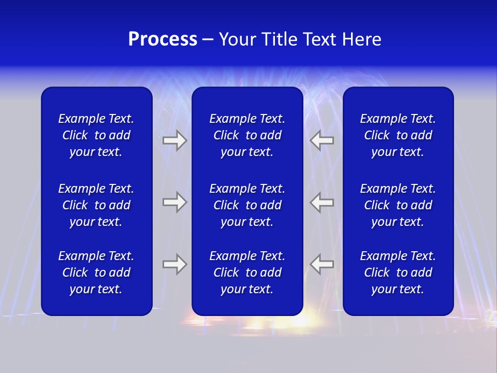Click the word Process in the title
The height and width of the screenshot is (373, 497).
[x=163, y=39]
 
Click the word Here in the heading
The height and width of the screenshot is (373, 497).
[x=361, y=39]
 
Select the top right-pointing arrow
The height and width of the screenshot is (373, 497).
[x=174, y=140]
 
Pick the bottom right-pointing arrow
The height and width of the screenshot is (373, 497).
[x=174, y=264]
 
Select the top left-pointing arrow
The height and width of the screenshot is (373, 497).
[x=322, y=140]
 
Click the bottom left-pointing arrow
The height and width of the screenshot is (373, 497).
[x=322, y=264]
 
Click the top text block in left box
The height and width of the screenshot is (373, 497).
[x=96, y=135]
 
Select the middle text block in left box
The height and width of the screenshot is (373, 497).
[x=96, y=205]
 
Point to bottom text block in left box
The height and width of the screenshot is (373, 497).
[x=96, y=272]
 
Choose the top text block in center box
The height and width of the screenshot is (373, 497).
[x=247, y=135]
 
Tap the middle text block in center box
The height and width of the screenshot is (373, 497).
[x=247, y=205]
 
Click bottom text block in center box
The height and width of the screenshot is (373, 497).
[x=247, y=272]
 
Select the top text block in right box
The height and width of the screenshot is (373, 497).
[x=398, y=135]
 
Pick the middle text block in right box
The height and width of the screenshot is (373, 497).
[x=398, y=205]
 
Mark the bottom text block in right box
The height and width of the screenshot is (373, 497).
[x=398, y=272]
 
